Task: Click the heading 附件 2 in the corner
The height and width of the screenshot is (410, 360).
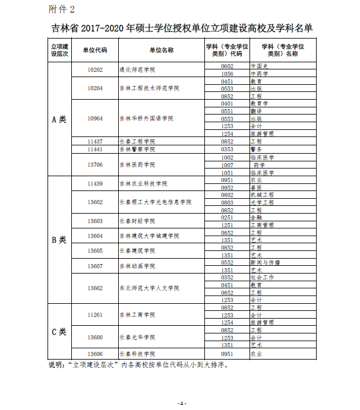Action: [62, 9]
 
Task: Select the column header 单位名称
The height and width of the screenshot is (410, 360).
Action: [161, 50]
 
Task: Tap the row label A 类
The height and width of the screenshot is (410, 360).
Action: [59, 119]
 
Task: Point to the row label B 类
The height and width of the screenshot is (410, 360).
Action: [59, 240]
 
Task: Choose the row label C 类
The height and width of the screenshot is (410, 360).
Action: [59, 331]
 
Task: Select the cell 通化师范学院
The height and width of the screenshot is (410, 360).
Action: [137, 69]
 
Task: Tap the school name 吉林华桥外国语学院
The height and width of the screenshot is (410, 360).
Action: [146, 118]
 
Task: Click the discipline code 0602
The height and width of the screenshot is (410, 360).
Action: [226, 66]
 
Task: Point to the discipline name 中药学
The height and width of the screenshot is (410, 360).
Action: [260, 74]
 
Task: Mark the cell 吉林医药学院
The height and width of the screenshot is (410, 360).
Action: [137, 165]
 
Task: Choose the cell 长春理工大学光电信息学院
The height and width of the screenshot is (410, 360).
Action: [155, 202]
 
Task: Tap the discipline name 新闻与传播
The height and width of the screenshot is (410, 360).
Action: [265, 262]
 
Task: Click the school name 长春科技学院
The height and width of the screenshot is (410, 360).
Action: [137, 354]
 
